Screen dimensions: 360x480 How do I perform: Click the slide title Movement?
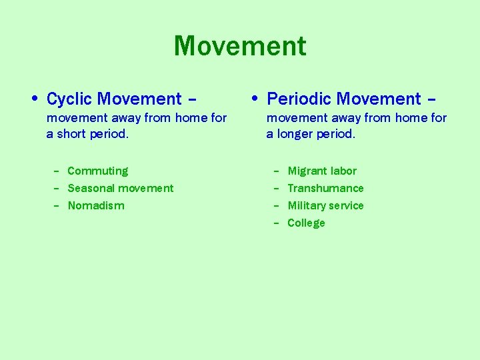(x=240, y=47)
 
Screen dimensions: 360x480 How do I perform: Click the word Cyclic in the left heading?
(x=69, y=99)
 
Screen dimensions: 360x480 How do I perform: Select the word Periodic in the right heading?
(x=298, y=99)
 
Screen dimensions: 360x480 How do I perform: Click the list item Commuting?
(x=97, y=171)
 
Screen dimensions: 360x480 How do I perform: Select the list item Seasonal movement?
(x=120, y=189)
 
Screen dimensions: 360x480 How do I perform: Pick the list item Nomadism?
(x=96, y=206)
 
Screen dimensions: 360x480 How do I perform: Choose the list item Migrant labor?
(x=322, y=171)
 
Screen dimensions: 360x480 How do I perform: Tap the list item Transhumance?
(x=325, y=189)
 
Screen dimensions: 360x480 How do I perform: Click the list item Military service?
(x=325, y=206)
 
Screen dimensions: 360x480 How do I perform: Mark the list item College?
(x=306, y=223)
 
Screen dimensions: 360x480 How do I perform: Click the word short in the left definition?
(x=71, y=134)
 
